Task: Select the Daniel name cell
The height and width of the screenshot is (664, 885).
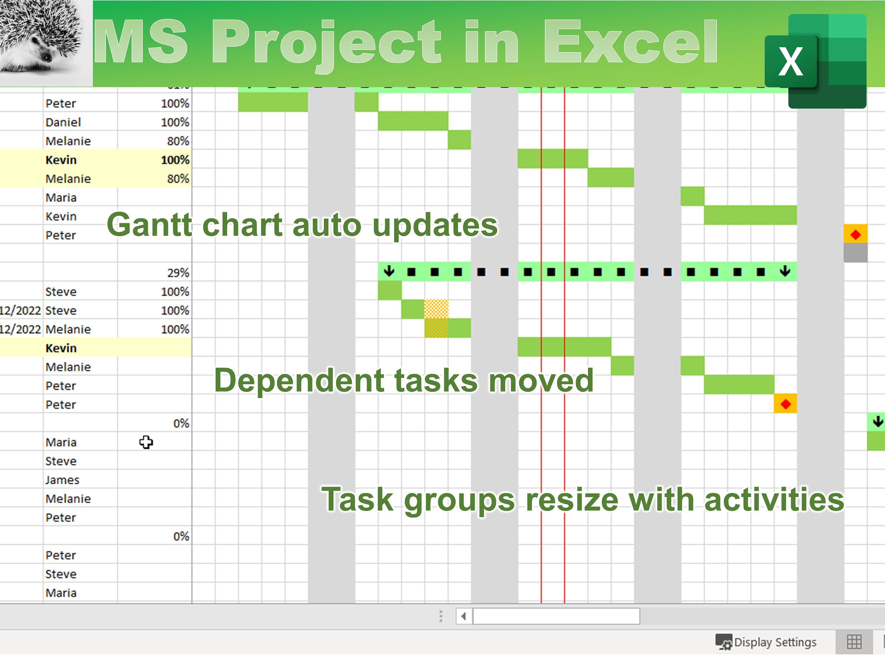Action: coord(63,122)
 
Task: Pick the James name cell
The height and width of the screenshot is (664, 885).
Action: coord(63,480)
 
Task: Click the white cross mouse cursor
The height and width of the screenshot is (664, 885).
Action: coord(146,442)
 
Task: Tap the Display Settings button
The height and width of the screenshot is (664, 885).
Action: coord(766,642)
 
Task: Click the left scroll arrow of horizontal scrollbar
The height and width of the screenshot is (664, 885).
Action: coord(464,616)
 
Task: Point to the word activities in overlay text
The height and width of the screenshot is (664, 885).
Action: coord(774,500)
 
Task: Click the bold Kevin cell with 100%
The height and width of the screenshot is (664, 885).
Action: coord(61,160)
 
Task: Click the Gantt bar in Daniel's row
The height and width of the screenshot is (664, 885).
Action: coord(413,121)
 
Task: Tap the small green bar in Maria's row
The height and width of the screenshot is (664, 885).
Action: coord(692,197)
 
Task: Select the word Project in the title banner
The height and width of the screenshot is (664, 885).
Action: coord(326,42)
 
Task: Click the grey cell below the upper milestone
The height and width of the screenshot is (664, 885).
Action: coord(855,253)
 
